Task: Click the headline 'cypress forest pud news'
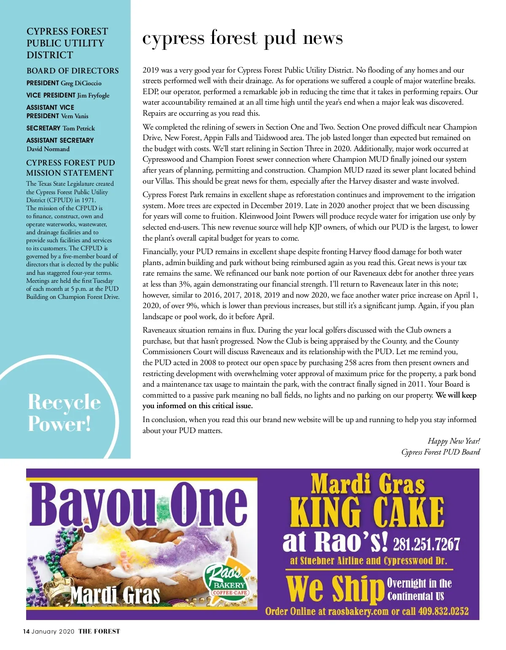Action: tap(242, 38)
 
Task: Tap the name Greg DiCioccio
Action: tap(81, 83)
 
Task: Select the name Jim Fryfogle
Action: tap(93, 95)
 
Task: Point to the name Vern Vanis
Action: tap(75, 116)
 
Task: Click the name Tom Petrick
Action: tap(79, 128)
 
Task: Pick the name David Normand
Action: tap(48, 149)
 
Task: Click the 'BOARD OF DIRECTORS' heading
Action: tap(73, 71)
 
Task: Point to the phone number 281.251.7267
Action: tap(426, 544)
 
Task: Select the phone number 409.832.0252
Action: tap(443, 612)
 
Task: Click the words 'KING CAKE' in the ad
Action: tap(367, 512)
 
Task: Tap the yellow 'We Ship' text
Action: tap(333, 589)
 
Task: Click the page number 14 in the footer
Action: tap(26, 631)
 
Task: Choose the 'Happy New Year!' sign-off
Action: tap(454, 441)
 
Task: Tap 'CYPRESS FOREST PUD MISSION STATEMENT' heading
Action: tap(70, 168)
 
